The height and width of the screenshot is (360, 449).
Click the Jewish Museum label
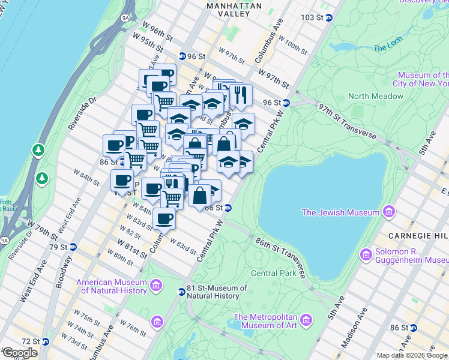(340, 212)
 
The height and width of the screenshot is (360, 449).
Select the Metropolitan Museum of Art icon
(307, 319)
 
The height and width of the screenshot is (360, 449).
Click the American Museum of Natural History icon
(157, 284)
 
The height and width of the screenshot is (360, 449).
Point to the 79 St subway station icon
(73, 247)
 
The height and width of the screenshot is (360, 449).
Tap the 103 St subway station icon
(329, 17)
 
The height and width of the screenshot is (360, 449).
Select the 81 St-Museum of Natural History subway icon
(181, 292)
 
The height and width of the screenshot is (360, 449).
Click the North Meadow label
(376, 96)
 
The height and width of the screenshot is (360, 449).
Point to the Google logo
(20, 353)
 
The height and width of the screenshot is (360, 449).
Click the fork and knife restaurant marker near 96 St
(241, 94)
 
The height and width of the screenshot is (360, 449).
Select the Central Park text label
(274, 273)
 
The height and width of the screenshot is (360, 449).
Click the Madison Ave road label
(352, 327)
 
